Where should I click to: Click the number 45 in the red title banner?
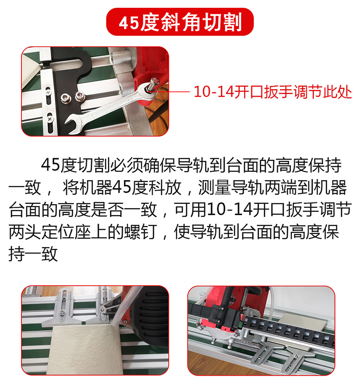pyautogui.click(x=129, y=23)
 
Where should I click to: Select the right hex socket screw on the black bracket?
pyautogui.click(x=80, y=96)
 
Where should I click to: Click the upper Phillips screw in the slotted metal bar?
pyautogui.click(x=48, y=92)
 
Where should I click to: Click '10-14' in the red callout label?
pyautogui.click(x=214, y=92)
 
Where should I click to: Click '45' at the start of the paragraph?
pyautogui.click(x=51, y=165)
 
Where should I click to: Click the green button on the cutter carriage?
pyautogui.click(x=241, y=325)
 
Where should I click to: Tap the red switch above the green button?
pyautogui.click(x=242, y=318)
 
